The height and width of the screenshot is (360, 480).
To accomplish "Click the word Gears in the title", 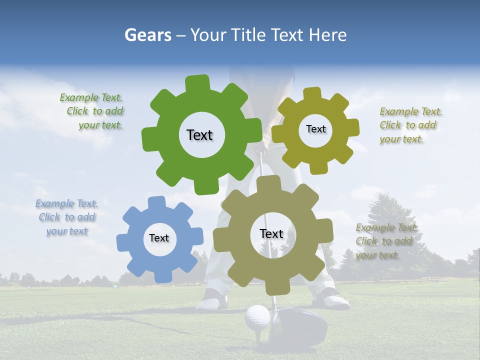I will pos(147,35).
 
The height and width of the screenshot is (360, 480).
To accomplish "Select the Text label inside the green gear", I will pos(199,135).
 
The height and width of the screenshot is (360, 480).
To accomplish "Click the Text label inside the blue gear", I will pos(159,238).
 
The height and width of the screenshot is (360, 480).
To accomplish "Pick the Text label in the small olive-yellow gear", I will pos(315,129).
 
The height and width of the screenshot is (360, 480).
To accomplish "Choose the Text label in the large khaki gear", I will pos(271,234).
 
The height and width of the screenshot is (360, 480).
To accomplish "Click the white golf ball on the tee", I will pos(257,317).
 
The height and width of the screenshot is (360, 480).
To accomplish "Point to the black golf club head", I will pos(300,325).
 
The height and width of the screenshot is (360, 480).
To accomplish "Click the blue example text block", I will pos(67,217).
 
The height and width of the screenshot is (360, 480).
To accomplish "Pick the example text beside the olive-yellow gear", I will pos(410,125).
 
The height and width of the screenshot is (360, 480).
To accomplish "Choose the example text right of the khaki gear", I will pos(386,241).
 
